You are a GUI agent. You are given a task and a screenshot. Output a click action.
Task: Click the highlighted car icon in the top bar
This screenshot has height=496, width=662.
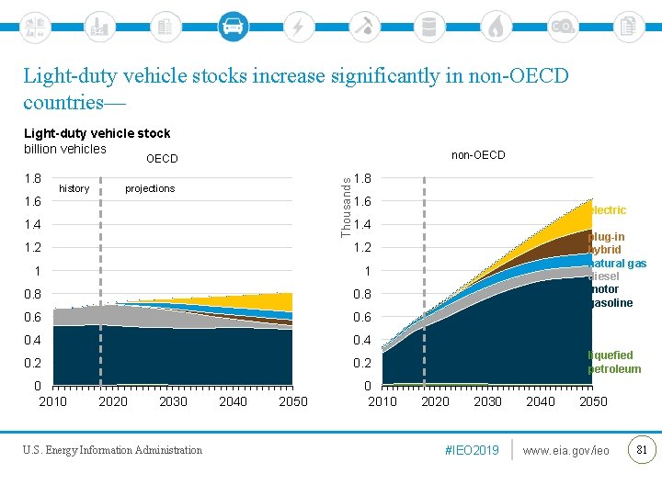point(234,26)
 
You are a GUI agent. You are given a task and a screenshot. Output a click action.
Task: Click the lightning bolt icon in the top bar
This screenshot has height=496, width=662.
point(298,26)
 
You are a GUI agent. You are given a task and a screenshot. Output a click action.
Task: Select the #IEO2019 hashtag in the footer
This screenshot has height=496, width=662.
point(472,450)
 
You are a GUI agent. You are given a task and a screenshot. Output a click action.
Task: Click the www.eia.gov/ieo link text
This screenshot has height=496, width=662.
point(565,450)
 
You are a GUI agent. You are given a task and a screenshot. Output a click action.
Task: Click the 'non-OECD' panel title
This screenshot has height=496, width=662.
point(478,155)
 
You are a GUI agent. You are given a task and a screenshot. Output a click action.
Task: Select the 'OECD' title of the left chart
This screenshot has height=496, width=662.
point(162,159)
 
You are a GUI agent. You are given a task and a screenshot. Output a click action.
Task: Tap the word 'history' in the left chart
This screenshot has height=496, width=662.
point(74,188)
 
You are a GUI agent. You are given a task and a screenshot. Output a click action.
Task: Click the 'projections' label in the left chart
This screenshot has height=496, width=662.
point(150,188)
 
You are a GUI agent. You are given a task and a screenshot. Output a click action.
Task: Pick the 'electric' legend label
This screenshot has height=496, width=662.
point(608,210)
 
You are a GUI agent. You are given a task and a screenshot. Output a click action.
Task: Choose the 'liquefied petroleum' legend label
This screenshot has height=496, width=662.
point(614,362)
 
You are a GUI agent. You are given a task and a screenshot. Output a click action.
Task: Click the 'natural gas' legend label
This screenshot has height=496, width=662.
point(617,264)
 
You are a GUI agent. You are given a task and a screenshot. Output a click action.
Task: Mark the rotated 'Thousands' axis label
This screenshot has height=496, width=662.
point(347,207)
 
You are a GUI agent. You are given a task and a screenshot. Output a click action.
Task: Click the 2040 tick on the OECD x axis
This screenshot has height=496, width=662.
point(234,401)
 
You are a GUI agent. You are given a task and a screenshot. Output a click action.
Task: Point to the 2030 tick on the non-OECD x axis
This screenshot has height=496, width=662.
point(487,401)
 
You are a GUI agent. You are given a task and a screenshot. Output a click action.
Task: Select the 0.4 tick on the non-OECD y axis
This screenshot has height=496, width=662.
point(362,341)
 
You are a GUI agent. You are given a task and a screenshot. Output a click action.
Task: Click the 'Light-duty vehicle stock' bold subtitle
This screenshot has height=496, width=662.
point(97,134)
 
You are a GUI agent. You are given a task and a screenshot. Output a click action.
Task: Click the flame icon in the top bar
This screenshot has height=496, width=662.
point(496,26)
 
